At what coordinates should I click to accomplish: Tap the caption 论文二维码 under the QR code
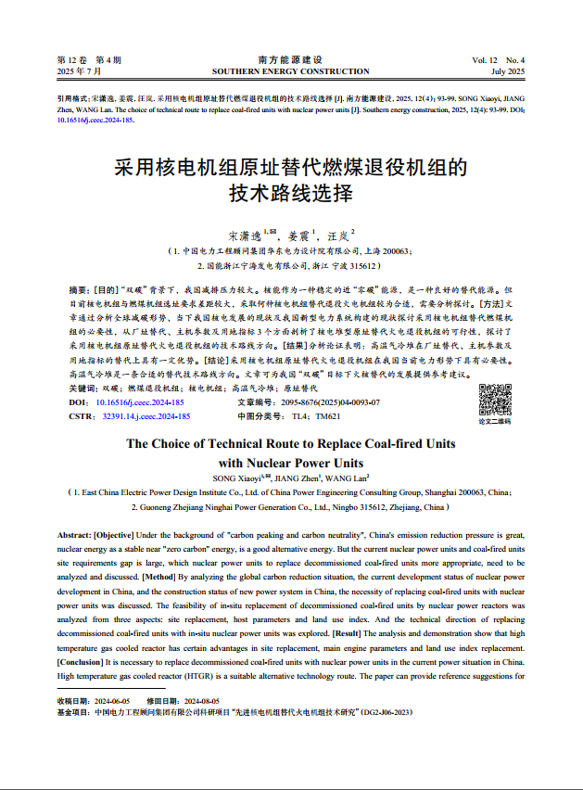[x=494, y=422]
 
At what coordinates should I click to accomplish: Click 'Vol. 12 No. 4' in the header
[x=498, y=60]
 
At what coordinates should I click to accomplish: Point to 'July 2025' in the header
[x=508, y=71]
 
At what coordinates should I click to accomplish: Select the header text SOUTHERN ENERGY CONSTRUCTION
[x=290, y=71]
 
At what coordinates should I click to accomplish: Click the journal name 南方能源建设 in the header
[x=290, y=60]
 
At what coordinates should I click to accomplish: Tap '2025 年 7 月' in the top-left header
[x=80, y=71]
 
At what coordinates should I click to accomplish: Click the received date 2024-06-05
[x=115, y=701]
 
